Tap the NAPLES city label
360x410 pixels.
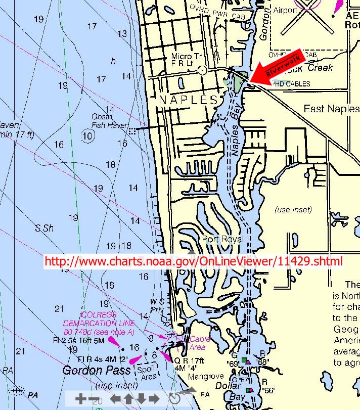tap(189, 100)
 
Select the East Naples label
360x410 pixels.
tap(331, 109)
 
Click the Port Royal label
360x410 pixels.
tap(222, 239)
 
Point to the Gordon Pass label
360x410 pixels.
tap(90, 371)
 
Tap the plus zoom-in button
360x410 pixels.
tap(80, 398)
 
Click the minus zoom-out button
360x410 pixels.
tap(94, 398)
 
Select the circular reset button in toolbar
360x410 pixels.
tap(174, 398)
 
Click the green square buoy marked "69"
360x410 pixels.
tap(244, 360)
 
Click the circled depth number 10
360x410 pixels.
tap(88, 135)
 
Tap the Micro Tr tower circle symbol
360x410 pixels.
tap(203, 70)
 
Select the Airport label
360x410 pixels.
tap(285, 10)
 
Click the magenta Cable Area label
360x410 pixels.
tap(197, 343)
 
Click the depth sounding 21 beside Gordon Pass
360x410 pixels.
tap(21, 350)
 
